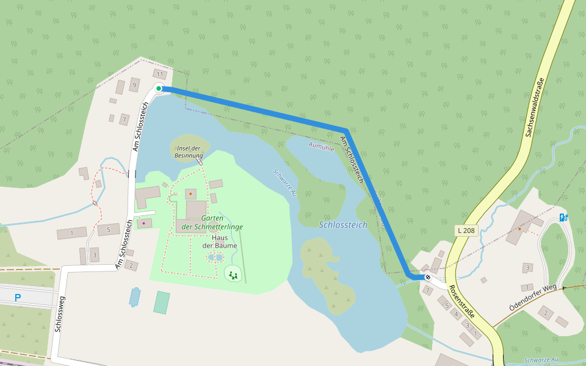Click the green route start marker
coord(159,88)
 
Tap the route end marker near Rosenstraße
coord(428,278)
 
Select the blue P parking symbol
coord(18,298)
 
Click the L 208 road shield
coord(466,231)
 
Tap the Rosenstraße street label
coord(461,301)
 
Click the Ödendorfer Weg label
coord(533,296)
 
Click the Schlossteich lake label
coord(343,225)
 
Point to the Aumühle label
coord(322,146)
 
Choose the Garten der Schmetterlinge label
coord(212,223)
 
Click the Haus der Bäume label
coord(215,242)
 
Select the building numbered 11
coord(160,74)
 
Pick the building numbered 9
coord(134,85)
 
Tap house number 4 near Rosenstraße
coord(455,315)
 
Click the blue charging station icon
coord(563,217)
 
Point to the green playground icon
coord(233,275)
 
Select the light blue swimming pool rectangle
coord(135,297)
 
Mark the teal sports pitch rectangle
coord(162,303)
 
